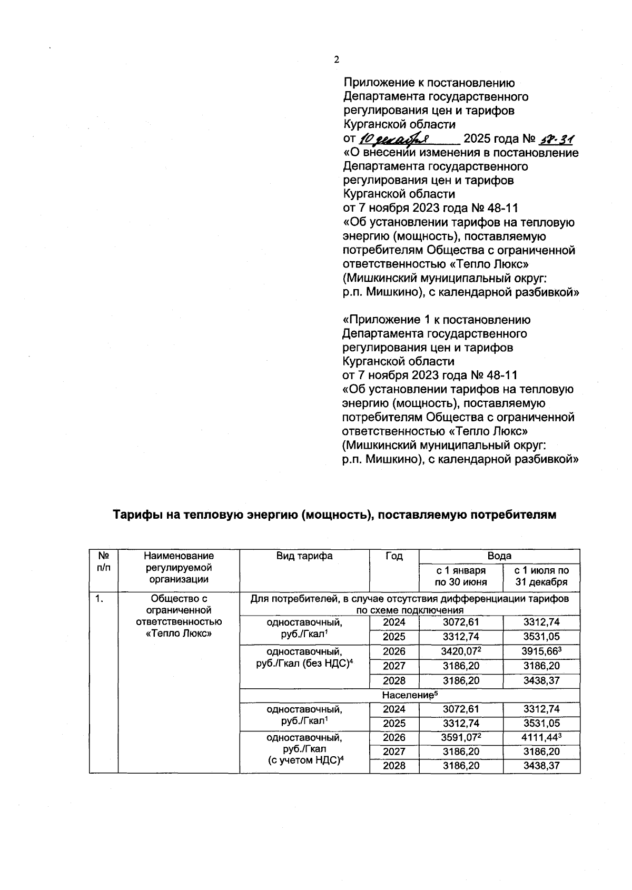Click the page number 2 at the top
337,60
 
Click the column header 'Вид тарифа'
304,556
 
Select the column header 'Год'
394,556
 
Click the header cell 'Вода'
499,556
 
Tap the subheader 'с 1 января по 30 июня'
461,576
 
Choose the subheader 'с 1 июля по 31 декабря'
541,576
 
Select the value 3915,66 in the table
541,651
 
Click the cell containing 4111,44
541,737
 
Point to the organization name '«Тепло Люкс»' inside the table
179,633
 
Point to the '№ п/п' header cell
104,561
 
